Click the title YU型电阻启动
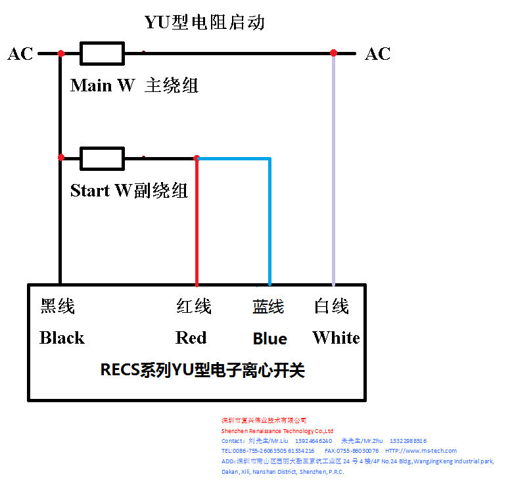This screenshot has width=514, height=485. pyautogui.click(x=204, y=22)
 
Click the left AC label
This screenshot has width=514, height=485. pyautogui.click(x=20, y=54)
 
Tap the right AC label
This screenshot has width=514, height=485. pyautogui.click(x=377, y=54)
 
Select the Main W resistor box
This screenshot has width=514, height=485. pyautogui.click(x=102, y=53)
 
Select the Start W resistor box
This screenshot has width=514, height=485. pyautogui.click(x=102, y=158)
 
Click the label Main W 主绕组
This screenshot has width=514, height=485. pyautogui.click(x=134, y=85)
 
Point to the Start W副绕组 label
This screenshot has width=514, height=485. pyautogui.click(x=129, y=191)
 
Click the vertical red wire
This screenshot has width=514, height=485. pyautogui.click(x=197, y=223)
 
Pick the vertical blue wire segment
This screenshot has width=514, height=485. pyautogui.click(x=269, y=223)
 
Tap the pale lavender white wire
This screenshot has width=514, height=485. pyautogui.click(x=333, y=171)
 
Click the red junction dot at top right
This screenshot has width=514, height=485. pyautogui.click(x=333, y=53)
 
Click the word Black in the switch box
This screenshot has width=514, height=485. pyautogui.click(x=62, y=338)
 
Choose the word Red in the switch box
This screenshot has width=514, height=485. pyautogui.click(x=191, y=338)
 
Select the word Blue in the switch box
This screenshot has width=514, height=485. pyautogui.click(x=269, y=338)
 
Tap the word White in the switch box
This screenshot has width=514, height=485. pyautogui.click(x=336, y=338)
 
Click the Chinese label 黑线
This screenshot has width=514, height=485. pyautogui.click(x=58, y=306)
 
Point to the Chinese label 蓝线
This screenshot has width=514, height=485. pyautogui.click(x=268, y=306)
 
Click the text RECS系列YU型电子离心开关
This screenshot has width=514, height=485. pyautogui.click(x=202, y=370)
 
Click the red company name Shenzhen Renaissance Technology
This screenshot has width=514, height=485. pyautogui.click(x=277, y=430)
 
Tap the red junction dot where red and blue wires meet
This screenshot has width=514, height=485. pyautogui.click(x=197, y=158)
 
